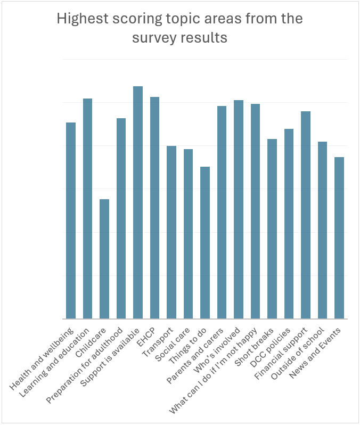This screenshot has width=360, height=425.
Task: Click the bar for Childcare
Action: pos(104,259)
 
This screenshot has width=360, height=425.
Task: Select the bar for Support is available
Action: pos(138,202)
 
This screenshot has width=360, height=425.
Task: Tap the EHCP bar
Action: pos(154,208)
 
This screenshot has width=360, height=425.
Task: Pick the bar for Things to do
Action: pos(205,243)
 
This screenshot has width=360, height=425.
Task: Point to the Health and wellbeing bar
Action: pos(71,220)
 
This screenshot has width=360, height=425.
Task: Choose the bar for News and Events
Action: pos(339,238)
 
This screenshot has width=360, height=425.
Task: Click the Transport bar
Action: pos(171,232)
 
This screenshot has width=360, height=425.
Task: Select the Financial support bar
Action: pos(306,215)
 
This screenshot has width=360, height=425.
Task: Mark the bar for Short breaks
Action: pos(272,229)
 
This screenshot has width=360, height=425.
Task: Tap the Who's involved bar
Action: pos(239,209)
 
